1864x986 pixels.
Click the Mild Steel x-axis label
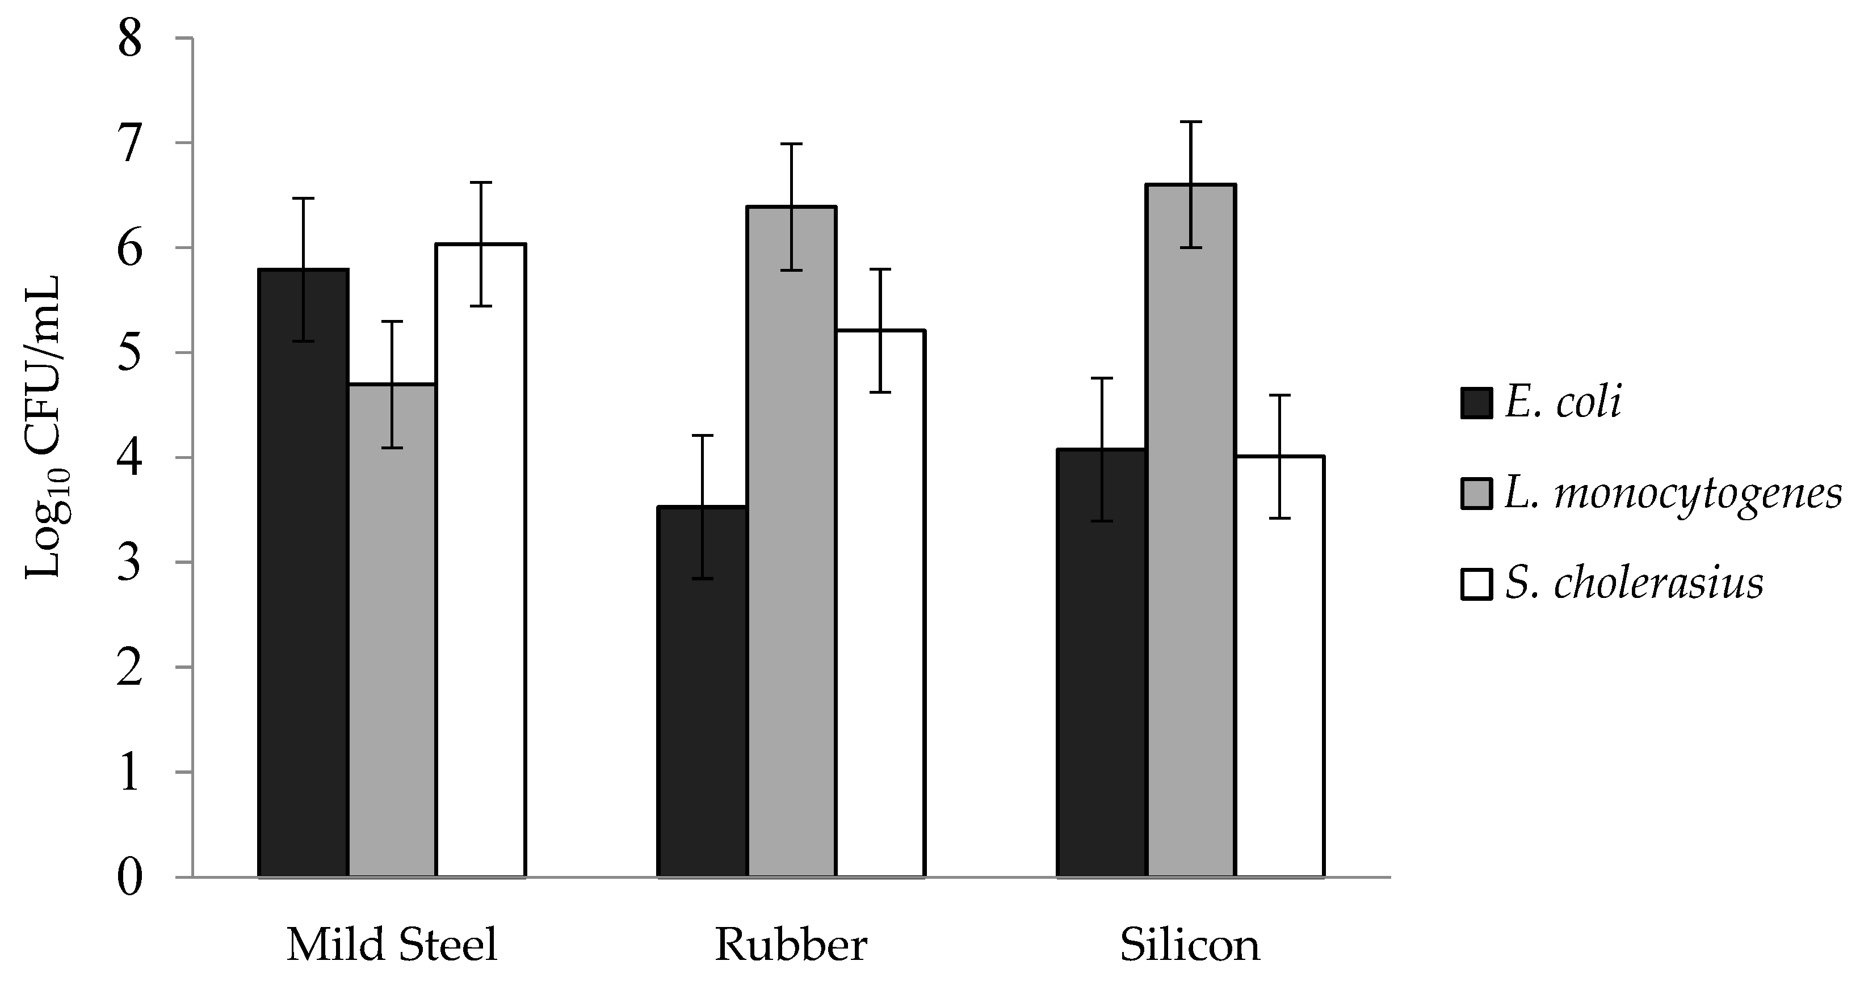click(392, 945)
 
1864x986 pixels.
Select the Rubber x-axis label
click(791, 945)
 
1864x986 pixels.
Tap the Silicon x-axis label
click(1190, 945)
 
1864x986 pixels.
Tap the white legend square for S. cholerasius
click(1476, 584)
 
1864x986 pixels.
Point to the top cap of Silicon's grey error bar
click(1191, 121)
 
